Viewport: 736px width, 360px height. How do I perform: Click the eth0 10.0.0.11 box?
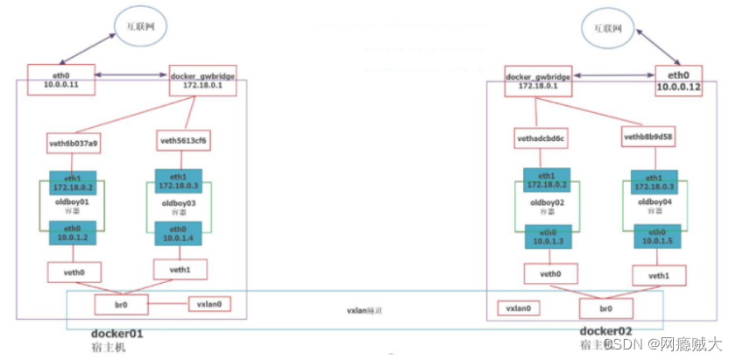pos(60,80)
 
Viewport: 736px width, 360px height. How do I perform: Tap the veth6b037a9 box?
pos(74,143)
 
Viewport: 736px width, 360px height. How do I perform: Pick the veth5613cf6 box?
pos(184,140)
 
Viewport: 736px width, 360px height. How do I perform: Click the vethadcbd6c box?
pos(541,138)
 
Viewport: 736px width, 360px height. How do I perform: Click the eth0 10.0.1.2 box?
pos(73,232)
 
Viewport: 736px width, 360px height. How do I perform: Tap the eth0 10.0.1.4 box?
pos(179,234)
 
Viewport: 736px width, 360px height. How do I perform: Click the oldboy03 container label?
pos(179,208)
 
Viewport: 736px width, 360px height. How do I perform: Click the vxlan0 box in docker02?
pos(519,308)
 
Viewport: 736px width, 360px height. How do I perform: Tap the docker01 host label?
pos(117,335)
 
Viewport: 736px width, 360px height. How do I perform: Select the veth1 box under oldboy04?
pos(659,276)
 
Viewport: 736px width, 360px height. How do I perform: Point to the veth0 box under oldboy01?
pos(74,272)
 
